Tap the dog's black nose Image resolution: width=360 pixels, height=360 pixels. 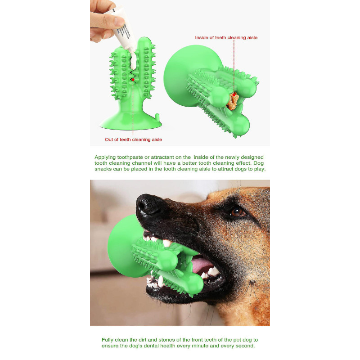tap(149, 206)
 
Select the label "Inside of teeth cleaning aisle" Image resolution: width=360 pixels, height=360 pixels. tap(226, 38)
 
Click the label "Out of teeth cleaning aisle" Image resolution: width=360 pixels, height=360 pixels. tap(133, 139)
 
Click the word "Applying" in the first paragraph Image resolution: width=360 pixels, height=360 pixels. tap(104, 157)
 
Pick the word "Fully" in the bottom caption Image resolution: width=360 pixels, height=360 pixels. tap(108, 340)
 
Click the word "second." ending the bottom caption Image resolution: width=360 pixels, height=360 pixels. tap(245, 346)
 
